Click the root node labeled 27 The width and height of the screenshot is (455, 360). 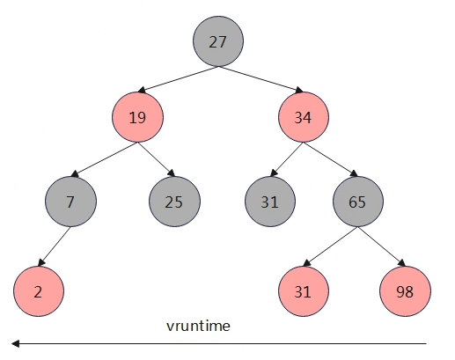coord(218,41)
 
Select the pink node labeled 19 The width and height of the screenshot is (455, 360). coord(137,117)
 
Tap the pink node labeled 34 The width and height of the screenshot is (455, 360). coord(304,117)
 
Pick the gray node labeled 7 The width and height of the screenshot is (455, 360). coord(70,202)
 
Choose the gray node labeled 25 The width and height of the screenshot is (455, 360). coord(174,202)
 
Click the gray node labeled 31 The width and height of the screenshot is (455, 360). coord(270,202)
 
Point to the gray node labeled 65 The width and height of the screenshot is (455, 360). coord(358,202)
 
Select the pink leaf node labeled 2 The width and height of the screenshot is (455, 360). coord(39,291)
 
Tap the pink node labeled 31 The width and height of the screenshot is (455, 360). coord(304,291)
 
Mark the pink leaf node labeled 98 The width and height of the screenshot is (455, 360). coord(405,291)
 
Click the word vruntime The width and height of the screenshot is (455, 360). coord(198,327)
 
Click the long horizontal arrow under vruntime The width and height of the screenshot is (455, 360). coord(219,343)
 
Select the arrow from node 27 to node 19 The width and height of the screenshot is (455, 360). coord(178,79)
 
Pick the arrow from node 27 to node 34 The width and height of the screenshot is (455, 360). coord(261,79)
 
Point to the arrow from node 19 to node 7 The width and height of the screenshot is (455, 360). coord(105,159)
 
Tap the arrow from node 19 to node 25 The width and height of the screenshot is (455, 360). coord(157,159)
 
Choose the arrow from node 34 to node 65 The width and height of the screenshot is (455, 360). coord(331,159)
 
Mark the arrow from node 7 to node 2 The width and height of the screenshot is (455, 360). coord(55,246)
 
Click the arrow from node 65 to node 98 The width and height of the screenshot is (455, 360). coord(381,246)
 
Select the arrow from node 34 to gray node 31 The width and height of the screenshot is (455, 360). coord(287,159)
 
